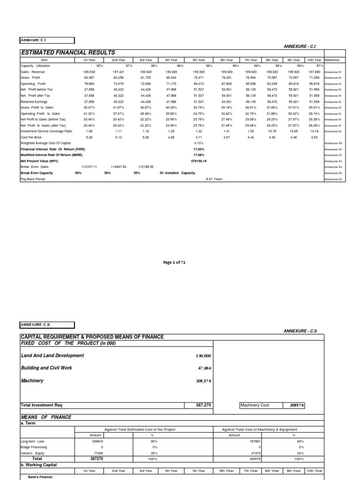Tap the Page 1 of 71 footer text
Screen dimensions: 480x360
(174, 262)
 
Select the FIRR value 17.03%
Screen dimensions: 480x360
(199, 149)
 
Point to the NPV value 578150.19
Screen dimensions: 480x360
(199, 161)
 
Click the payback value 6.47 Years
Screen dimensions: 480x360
(214, 179)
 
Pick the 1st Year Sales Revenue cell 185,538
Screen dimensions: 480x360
(89, 72)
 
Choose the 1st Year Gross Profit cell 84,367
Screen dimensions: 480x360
(89, 78)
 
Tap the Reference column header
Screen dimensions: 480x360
(332, 60)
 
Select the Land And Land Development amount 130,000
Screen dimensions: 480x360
(203, 356)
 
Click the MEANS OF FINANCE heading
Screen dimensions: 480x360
(46, 417)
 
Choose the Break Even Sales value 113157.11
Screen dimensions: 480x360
(89, 167)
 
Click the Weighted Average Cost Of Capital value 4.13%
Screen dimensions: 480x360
(199, 143)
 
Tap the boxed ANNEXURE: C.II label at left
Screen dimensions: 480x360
(47, 324)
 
